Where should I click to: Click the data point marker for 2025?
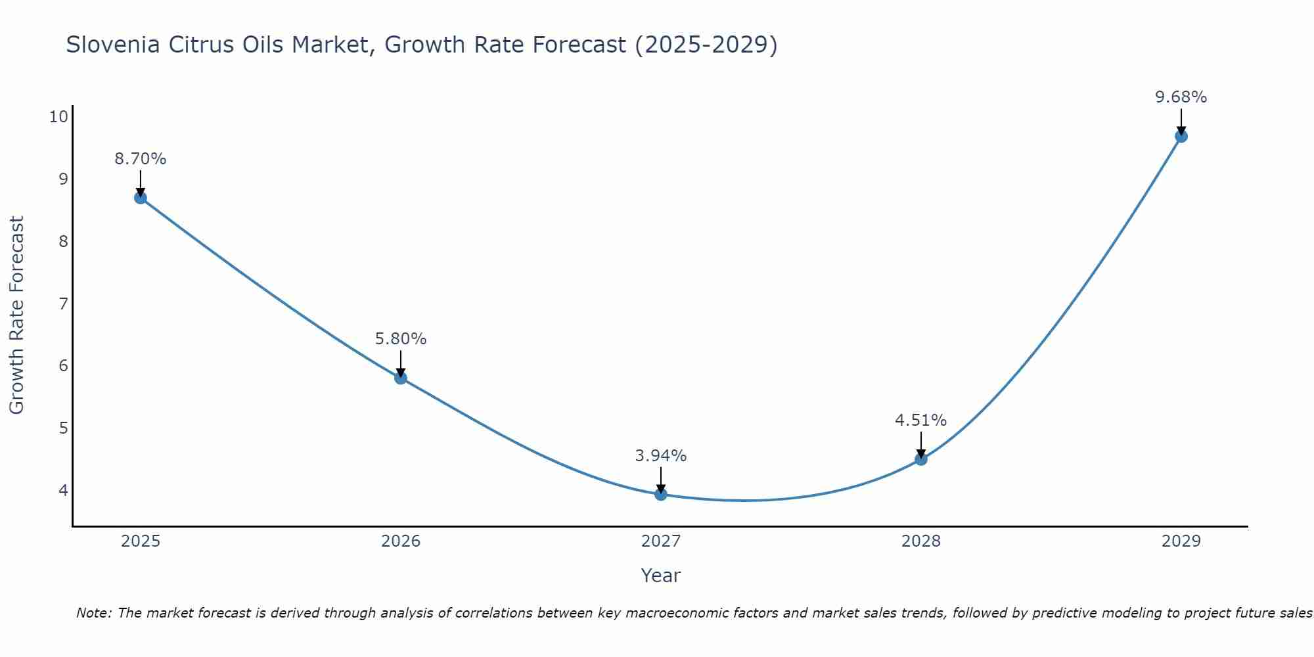pos(141,198)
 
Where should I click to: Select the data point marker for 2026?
pos(401,378)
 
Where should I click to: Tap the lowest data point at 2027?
pos(661,495)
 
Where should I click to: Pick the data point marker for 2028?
pos(921,459)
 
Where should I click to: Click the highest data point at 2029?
pos(1181,137)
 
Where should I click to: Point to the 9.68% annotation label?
pos(1181,97)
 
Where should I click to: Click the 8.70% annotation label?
pos(141,159)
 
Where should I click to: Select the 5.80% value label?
pos(401,339)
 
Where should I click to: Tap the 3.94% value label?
pos(661,456)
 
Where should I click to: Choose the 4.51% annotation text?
pos(921,420)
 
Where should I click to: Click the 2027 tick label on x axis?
pos(661,541)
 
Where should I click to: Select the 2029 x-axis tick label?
pos(1181,541)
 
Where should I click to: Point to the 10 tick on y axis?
pos(58,117)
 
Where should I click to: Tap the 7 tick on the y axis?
pos(63,304)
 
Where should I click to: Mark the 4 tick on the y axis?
pos(63,490)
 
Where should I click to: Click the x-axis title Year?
pos(661,576)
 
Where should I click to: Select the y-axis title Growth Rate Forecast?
pos(17,315)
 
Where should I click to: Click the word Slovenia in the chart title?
pos(112,45)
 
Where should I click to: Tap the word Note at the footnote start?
pos(95,613)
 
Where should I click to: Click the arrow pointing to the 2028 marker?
pos(921,444)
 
